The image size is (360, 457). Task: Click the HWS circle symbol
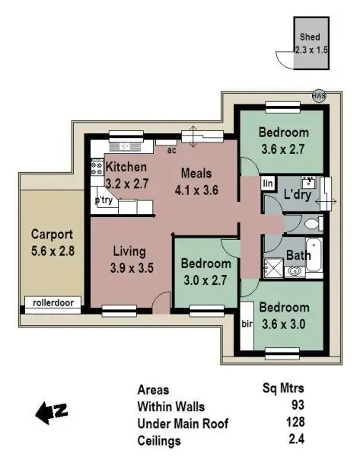tap(319, 97)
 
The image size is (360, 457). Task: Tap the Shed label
tap(309, 36)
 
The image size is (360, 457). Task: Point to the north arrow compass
tap(52, 412)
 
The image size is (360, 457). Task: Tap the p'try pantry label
tap(104, 200)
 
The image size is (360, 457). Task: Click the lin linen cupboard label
tap(268, 184)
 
